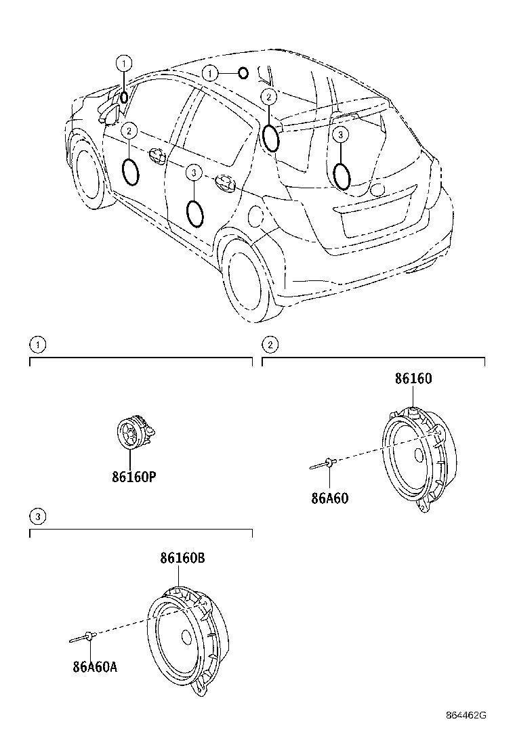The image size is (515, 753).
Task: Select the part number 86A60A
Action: point(95,666)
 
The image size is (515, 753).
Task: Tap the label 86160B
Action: point(182,559)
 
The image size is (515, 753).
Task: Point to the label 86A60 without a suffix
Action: point(329,498)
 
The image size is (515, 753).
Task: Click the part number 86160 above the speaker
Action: point(413,379)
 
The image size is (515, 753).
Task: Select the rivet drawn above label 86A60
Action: point(324,464)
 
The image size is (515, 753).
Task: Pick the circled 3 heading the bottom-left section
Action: point(39,517)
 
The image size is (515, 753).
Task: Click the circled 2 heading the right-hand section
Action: point(270,345)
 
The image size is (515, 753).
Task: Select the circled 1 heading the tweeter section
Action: point(39,345)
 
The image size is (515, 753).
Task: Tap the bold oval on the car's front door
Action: point(131,171)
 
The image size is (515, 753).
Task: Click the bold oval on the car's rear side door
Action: point(194,213)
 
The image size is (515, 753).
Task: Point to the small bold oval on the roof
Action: point(243,73)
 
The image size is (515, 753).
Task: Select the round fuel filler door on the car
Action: point(257,217)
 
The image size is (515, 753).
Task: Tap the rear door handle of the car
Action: point(223,181)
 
